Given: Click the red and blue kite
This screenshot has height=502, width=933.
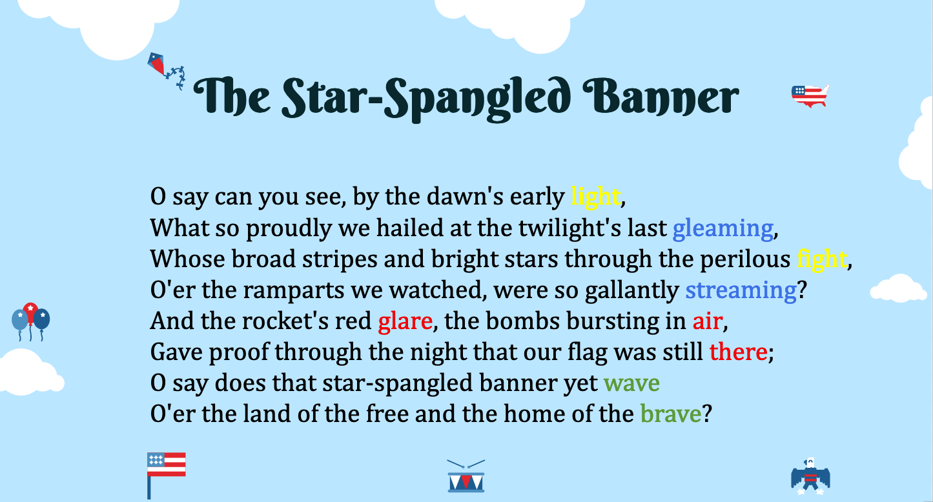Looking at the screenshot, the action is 157,64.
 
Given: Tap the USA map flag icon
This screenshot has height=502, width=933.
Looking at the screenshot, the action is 810,95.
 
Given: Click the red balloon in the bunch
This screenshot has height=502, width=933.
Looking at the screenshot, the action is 30,313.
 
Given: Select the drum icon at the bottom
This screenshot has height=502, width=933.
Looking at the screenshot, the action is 466,476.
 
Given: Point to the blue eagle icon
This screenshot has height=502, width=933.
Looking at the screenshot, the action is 810,477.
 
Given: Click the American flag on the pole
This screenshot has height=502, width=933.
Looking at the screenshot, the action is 166,475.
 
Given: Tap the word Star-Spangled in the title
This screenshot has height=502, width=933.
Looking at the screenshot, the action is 425,99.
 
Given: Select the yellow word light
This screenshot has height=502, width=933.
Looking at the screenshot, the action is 595,196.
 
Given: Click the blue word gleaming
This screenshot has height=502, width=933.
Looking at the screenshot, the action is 723,228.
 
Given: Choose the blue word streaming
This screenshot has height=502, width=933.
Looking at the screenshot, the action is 741,290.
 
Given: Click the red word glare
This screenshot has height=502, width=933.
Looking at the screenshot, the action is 405,321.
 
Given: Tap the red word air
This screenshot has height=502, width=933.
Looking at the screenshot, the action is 707,321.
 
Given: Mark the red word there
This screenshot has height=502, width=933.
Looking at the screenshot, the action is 738,352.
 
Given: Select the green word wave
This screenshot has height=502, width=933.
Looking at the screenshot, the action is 631,383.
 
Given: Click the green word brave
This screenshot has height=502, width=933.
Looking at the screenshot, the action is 671,414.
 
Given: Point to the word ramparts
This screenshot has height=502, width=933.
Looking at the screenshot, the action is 294,290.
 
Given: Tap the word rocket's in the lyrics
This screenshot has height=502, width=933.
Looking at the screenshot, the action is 285,321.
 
